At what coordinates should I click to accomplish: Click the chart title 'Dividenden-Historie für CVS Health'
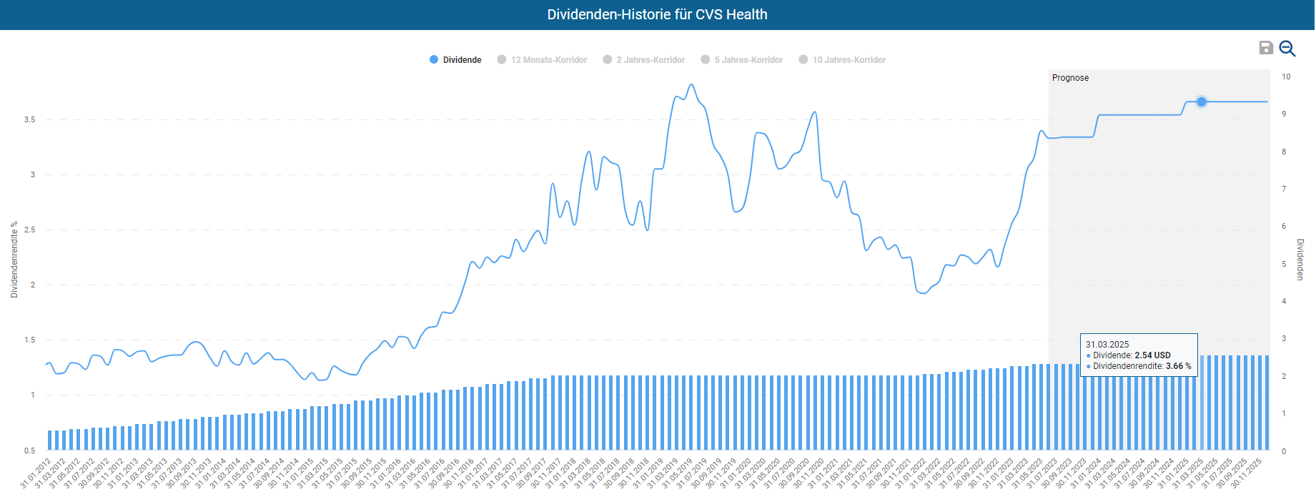coord(657,14)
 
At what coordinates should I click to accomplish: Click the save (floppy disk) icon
coord(1266,48)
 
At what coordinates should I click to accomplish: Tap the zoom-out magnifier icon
coord(1287,48)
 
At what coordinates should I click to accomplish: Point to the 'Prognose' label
coord(1070,78)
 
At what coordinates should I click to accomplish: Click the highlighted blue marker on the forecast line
coord(1202,102)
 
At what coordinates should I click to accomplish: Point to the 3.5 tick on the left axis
coord(29,119)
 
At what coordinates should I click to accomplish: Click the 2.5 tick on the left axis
coord(29,230)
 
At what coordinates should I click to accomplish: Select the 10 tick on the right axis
coord(1286,77)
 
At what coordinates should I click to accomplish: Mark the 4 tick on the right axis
coord(1284,301)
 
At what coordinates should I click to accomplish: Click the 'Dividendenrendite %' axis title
coord(14,259)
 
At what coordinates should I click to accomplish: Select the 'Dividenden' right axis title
coord(1300,259)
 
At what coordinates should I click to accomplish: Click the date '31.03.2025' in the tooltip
coord(1107,345)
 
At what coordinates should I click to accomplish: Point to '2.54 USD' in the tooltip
coord(1152,355)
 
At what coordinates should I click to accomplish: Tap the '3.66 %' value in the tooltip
coord(1178,366)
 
